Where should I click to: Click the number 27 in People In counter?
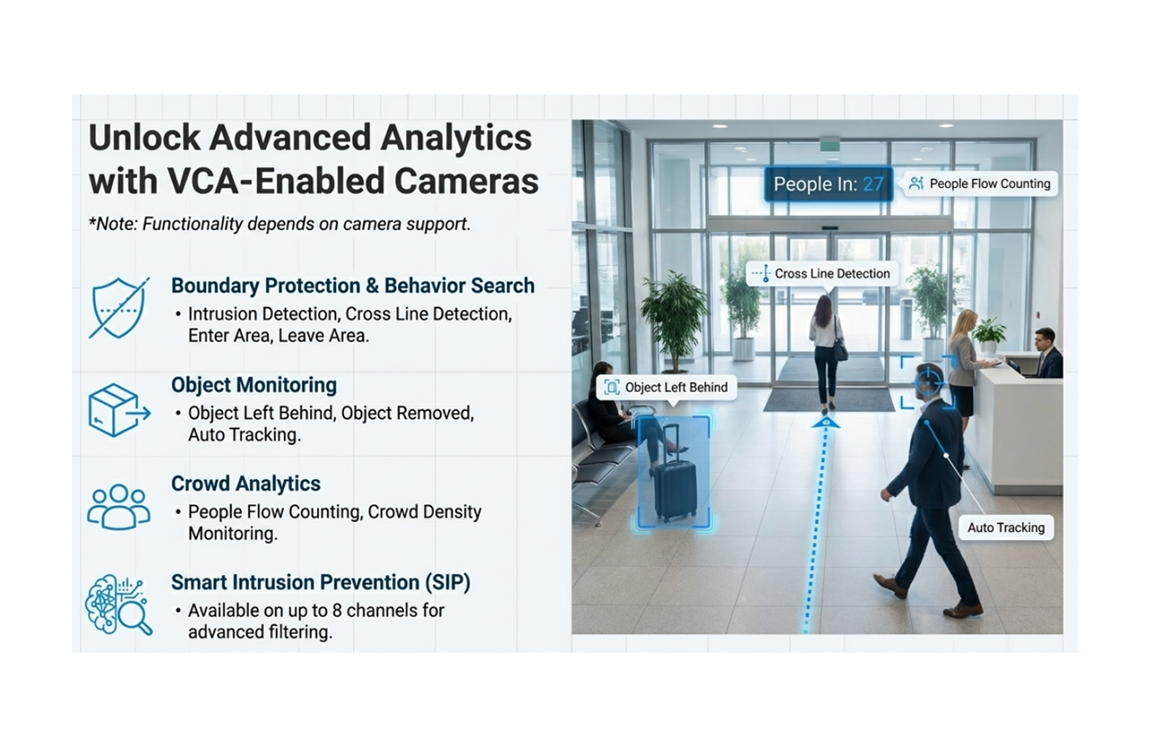pos(872,184)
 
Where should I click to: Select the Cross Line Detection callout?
pos(822,273)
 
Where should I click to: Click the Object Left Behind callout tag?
pos(667,387)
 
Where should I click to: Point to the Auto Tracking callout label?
pos(1005,528)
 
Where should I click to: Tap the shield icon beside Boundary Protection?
pos(119,308)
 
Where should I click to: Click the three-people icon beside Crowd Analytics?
pos(119,507)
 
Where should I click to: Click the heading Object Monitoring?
pos(254,385)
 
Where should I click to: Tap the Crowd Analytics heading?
pos(245,484)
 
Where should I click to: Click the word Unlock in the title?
pos(143,138)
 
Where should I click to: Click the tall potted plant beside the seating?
pos(674,310)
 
